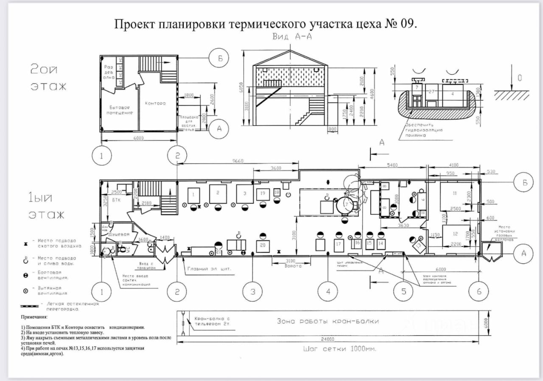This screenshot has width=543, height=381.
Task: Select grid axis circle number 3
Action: tap(253, 291)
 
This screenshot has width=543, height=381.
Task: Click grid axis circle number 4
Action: tap(328, 291)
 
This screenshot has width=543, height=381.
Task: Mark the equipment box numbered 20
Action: tap(263, 245)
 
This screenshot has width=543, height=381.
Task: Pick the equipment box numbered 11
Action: tap(454, 195)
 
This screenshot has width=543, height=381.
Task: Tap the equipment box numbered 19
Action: tap(263, 194)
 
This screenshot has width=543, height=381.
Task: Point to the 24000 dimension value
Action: tap(327, 339)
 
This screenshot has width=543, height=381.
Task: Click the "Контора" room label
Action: tap(155, 103)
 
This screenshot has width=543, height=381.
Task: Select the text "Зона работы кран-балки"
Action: tap(327, 321)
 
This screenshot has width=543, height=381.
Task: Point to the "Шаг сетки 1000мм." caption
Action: tap(340, 349)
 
